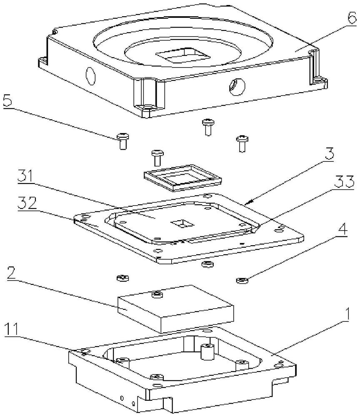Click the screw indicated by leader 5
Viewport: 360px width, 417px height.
(122, 141)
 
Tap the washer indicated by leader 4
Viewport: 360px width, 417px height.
(242, 280)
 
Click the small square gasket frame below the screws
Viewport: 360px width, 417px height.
(183, 177)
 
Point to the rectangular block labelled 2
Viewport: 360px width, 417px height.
(175, 308)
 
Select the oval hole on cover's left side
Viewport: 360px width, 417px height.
(90, 76)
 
